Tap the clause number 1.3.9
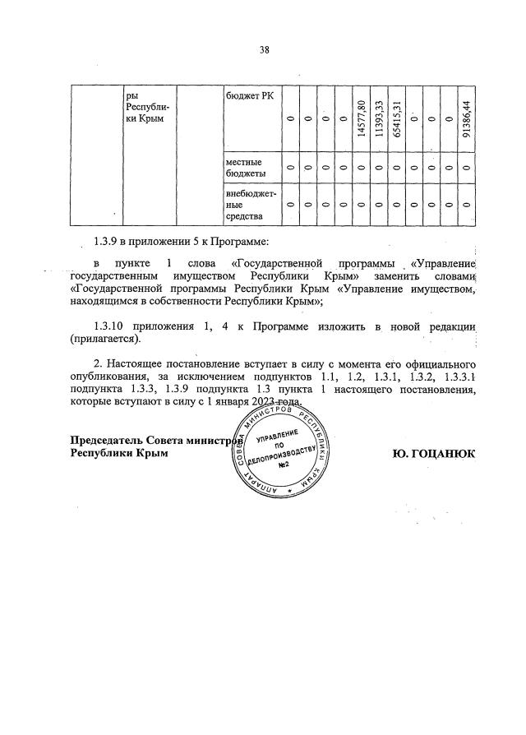pos(108,242)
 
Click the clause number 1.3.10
pos(111,327)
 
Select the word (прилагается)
pos(106,339)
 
